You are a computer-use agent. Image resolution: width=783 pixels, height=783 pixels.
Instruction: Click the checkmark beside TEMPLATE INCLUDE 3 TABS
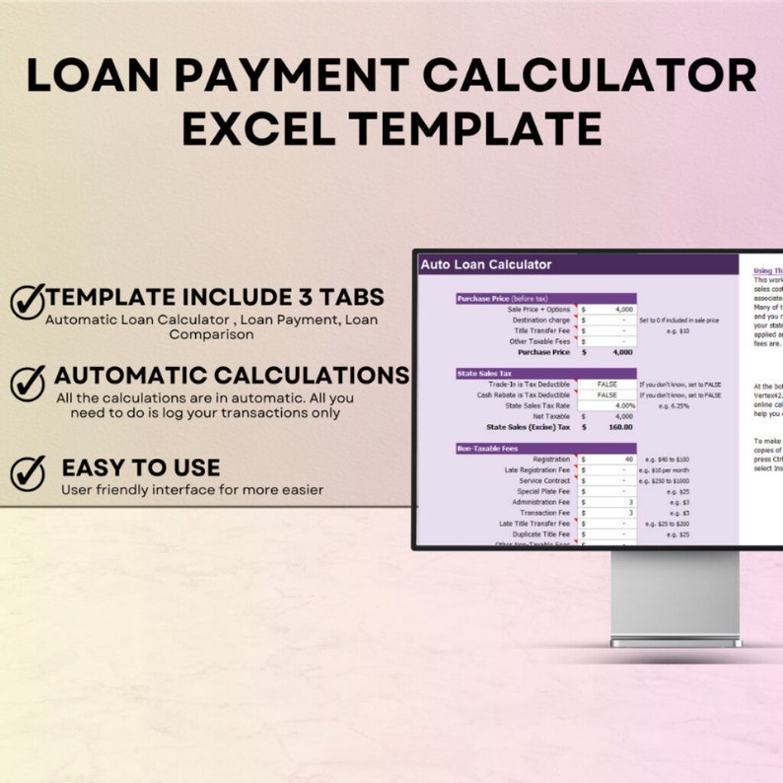[x=28, y=300]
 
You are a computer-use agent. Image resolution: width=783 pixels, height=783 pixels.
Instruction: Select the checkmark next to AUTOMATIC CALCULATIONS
[x=29, y=381]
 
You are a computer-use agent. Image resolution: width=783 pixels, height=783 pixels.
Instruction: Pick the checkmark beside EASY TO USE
[x=28, y=472]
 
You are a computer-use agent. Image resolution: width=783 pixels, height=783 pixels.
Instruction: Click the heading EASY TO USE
[x=141, y=467]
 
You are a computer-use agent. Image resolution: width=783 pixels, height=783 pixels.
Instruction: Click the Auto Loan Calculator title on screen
[x=486, y=264]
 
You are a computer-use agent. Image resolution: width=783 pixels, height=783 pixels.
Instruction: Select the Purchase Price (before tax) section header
[x=503, y=298]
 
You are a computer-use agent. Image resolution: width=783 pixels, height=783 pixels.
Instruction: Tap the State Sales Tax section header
[x=485, y=374]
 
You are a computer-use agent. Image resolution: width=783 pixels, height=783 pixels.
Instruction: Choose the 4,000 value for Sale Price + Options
[x=622, y=309]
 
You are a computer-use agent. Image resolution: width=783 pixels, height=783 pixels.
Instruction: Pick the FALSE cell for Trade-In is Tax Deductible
[x=607, y=384]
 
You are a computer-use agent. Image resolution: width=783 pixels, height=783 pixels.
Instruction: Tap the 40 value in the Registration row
[x=628, y=460]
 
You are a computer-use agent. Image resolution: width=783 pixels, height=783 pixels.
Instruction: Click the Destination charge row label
[x=541, y=320]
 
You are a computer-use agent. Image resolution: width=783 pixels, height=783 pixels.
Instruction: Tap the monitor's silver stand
[x=676, y=597]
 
